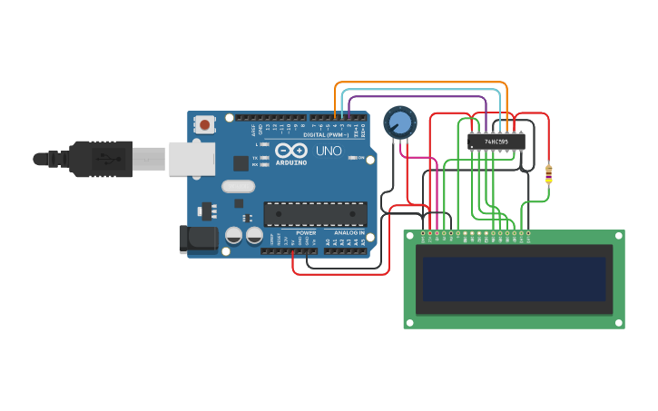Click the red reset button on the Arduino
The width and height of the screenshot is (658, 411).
point(206,124)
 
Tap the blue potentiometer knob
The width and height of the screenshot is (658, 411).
point(399,122)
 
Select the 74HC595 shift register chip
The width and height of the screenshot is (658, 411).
point(496,142)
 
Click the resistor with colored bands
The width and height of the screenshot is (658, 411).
point(548,173)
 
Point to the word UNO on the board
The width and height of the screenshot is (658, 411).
point(329,151)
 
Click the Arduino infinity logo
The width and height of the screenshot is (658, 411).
point(291,150)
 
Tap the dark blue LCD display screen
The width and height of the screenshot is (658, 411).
point(514,279)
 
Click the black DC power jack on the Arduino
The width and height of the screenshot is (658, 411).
point(197,239)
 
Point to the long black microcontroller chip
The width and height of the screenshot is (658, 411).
point(316,214)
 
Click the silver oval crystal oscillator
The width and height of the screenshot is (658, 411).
point(238,186)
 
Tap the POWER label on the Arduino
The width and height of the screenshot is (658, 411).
point(306,233)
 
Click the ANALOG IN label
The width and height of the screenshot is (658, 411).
point(349,233)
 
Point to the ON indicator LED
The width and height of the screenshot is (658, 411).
point(352,158)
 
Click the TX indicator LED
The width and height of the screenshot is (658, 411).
point(263,157)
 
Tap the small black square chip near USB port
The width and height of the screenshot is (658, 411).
point(241,163)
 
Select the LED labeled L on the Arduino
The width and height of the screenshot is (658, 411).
point(263,144)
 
